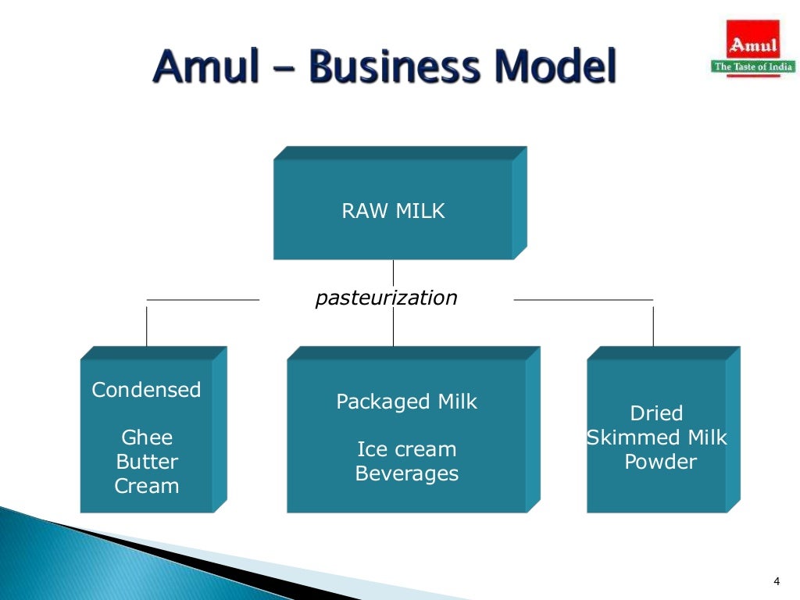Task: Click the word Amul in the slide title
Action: click(205, 66)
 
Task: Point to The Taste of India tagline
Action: click(753, 66)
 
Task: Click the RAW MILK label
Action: click(393, 211)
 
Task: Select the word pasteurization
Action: click(386, 298)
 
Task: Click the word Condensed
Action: click(146, 390)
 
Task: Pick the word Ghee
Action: click(147, 437)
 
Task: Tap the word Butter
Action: click(147, 462)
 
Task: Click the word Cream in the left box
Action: click(147, 486)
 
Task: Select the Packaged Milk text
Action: click(406, 402)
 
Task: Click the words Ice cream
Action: click(406, 450)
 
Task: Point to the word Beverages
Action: click(406, 473)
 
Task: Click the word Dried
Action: click(656, 413)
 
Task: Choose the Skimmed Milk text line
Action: click(657, 437)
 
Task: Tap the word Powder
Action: click(660, 462)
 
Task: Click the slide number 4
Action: click(776, 580)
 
